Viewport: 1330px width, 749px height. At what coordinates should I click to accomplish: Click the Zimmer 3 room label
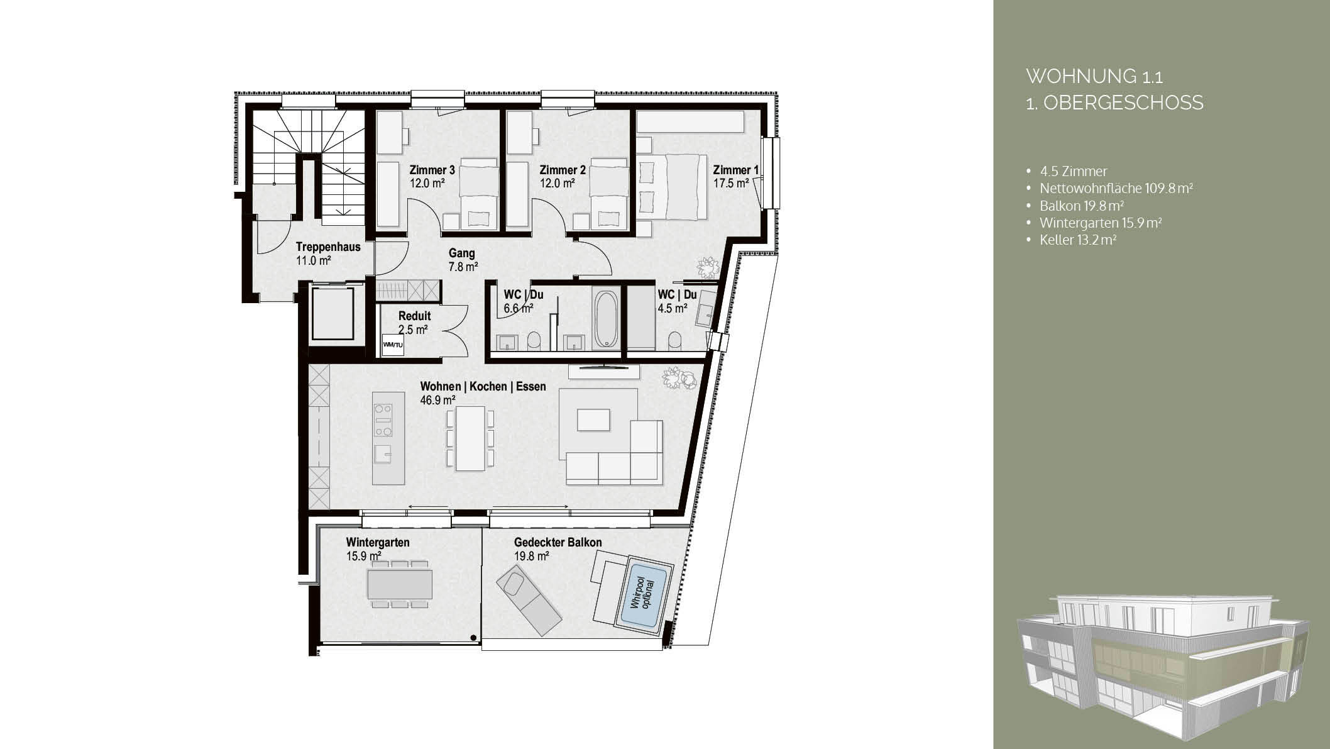pos(432,170)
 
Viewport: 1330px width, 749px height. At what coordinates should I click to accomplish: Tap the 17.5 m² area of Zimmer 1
pos(731,184)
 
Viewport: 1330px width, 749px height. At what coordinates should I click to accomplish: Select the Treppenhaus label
pos(328,247)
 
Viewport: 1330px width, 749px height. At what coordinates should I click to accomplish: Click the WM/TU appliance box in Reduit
pos(393,345)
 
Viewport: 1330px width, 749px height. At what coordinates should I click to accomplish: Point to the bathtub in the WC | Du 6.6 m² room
pos(606,318)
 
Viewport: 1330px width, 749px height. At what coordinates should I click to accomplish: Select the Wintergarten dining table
pos(400,584)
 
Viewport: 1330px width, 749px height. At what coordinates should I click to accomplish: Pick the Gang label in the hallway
pos(461,253)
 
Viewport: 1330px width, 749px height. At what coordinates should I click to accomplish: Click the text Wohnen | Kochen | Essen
pos(483,386)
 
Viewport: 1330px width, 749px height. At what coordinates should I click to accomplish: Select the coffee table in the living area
pos(593,419)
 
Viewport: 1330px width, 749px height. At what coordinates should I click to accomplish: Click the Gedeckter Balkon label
pos(558,542)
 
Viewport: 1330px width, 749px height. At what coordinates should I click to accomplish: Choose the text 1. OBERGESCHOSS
pos(1114,103)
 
